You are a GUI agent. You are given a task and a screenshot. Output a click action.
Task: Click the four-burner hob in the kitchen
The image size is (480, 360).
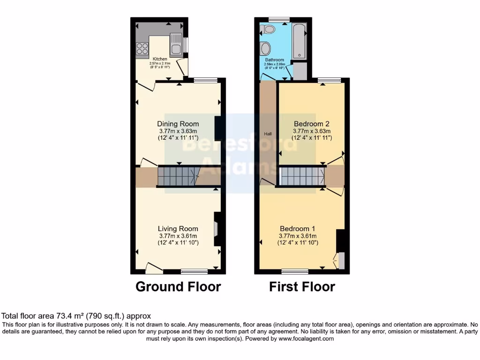[x=142, y=49]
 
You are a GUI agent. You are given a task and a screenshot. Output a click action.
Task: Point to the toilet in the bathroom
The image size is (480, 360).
[x=269, y=30]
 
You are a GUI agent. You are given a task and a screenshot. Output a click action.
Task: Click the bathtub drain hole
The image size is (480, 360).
[x=299, y=55]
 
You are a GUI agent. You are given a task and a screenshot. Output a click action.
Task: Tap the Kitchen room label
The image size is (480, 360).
[x=160, y=59]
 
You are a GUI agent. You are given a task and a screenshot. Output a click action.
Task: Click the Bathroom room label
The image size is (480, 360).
[x=274, y=60]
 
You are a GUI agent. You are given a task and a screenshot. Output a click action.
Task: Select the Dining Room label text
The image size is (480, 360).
[x=178, y=124]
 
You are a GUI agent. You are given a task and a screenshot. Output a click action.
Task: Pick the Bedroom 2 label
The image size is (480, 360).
[x=312, y=124]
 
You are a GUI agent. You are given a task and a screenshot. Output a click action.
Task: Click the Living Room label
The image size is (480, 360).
[x=178, y=228]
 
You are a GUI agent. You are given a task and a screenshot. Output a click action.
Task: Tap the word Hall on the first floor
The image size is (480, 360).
[x=268, y=134]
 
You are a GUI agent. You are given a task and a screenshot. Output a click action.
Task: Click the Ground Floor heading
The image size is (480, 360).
[x=178, y=286]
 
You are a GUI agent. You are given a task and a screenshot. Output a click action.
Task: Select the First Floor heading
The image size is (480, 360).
[x=302, y=286]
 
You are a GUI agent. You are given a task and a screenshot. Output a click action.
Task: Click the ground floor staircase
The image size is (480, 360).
[x=178, y=177]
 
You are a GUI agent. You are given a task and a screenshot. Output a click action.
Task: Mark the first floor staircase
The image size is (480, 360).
[x=302, y=176]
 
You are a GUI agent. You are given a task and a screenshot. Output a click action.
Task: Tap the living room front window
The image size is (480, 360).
[x=194, y=271]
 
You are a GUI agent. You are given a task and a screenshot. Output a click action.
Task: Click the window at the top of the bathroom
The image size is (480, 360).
[x=279, y=20]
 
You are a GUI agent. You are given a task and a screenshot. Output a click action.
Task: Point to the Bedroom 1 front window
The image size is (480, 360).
[x=295, y=271]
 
